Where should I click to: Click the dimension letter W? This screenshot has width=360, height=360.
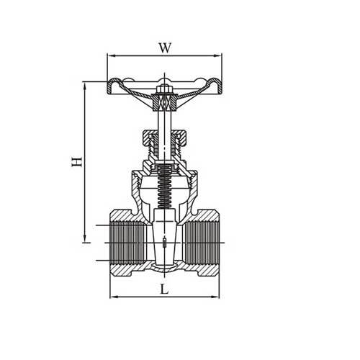point(164,48)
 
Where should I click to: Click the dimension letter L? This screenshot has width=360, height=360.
point(165,290)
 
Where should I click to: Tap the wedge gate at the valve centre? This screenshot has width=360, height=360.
point(164,241)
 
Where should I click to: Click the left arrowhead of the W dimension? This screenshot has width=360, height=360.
point(109,55)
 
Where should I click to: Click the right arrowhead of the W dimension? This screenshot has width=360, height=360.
point(220,55)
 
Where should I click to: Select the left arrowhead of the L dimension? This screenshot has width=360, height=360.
point(111,296)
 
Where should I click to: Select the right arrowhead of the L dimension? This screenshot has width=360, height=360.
point(219,296)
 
